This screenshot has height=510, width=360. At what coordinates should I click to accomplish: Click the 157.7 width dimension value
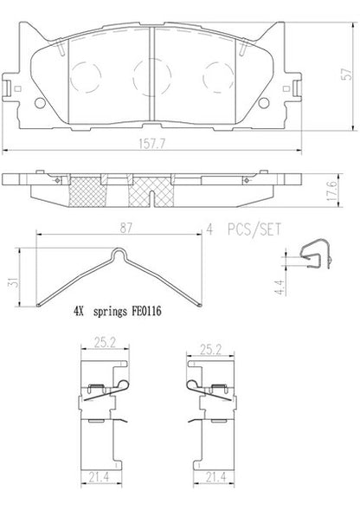point(151,144)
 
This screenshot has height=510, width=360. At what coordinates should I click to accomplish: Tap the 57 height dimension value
point(347,74)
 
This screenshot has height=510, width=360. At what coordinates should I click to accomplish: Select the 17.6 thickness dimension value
point(332,190)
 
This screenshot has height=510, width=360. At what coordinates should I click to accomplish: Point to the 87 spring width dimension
point(125,228)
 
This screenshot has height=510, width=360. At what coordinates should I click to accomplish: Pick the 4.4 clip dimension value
point(280,287)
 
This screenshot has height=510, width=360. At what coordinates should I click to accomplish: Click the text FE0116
point(146,311)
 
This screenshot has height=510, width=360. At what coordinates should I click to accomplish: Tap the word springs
point(110,312)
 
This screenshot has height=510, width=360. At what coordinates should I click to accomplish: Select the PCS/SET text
point(254,229)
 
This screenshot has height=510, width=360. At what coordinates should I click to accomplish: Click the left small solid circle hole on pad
point(40,103)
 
